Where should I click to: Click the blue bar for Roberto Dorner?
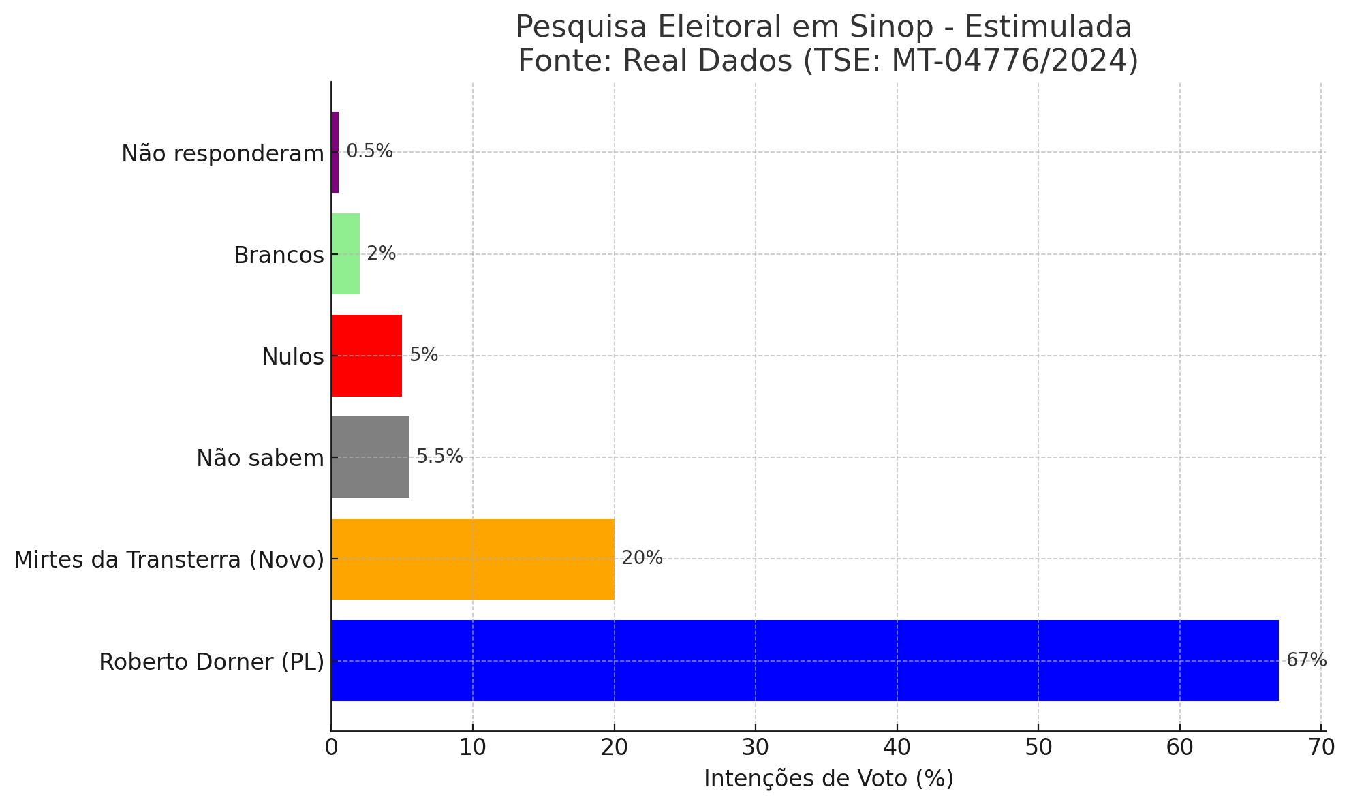(804, 660)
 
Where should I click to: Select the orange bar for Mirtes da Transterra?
(473, 559)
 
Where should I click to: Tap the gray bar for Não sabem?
(370, 457)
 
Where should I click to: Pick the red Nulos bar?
(367, 356)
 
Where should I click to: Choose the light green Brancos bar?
(345, 254)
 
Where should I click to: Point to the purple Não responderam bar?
(335, 152)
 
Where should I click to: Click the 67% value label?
(1306, 660)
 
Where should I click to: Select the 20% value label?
(642, 559)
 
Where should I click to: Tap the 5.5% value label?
(439, 457)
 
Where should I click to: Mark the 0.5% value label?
(369, 151)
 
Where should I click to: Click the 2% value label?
(381, 253)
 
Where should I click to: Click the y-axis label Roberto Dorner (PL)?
(211, 662)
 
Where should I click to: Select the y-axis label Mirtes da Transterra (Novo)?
(169, 560)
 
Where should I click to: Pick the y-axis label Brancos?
(279, 256)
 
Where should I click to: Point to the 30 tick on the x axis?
(756, 747)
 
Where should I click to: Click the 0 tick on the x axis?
(332, 747)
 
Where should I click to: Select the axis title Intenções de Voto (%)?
(828, 778)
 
